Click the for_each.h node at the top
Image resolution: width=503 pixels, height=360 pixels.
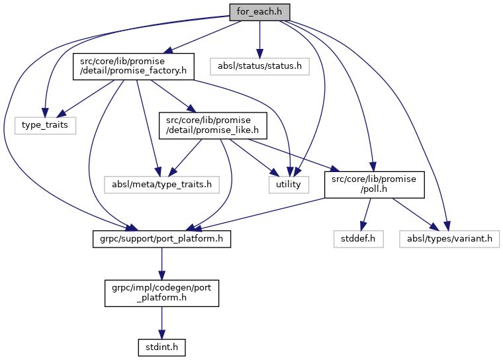[x=259, y=11]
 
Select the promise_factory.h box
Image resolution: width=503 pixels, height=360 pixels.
[x=132, y=66]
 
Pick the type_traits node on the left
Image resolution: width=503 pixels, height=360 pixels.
[x=45, y=124]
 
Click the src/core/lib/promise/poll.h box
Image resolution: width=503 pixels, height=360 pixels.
[x=373, y=184]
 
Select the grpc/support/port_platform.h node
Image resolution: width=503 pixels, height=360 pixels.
[x=161, y=238]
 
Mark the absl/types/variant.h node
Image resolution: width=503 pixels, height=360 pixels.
[x=449, y=238]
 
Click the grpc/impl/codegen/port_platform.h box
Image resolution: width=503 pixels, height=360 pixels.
[x=161, y=292]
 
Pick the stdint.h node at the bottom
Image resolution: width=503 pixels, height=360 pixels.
[x=161, y=346]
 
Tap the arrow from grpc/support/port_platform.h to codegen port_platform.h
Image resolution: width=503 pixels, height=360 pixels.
[x=161, y=263]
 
